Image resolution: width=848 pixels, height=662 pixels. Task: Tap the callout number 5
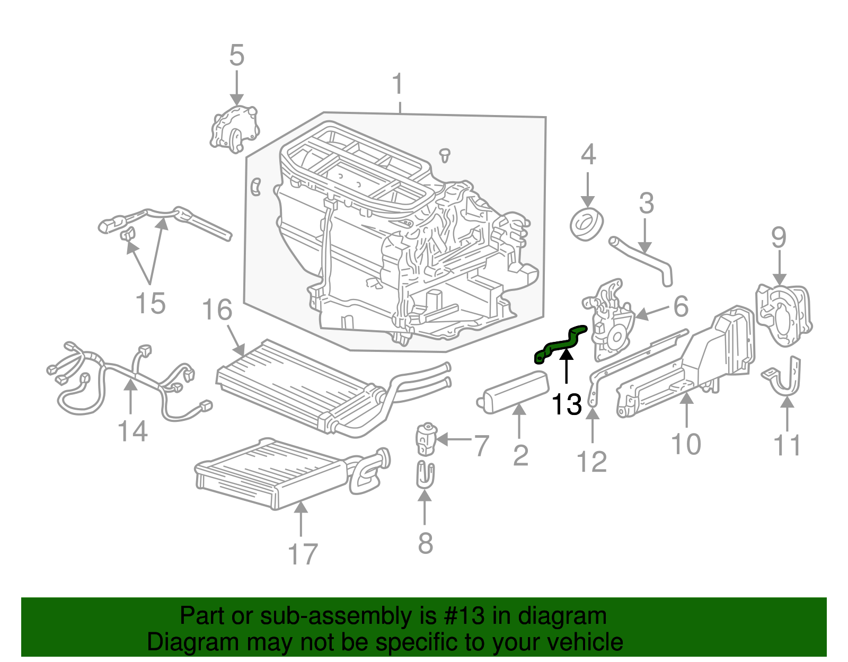coord(236,56)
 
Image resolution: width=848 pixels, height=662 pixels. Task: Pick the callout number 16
coord(217,310)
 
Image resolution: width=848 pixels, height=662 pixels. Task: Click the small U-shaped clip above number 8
coord(425,475)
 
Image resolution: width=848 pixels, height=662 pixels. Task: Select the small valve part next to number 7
coord(426,439)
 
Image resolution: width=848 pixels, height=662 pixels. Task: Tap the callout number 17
coord(302,554)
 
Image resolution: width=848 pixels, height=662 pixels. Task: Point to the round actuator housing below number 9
coord(783,315)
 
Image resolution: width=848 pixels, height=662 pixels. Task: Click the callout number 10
coord(686,444)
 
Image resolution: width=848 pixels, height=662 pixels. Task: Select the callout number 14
coord(132,431)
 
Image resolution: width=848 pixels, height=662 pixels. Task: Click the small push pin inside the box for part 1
coord(445,155)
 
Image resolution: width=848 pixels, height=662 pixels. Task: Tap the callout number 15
coord(151,304)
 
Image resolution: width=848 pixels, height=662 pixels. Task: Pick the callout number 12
coord(591,462)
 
